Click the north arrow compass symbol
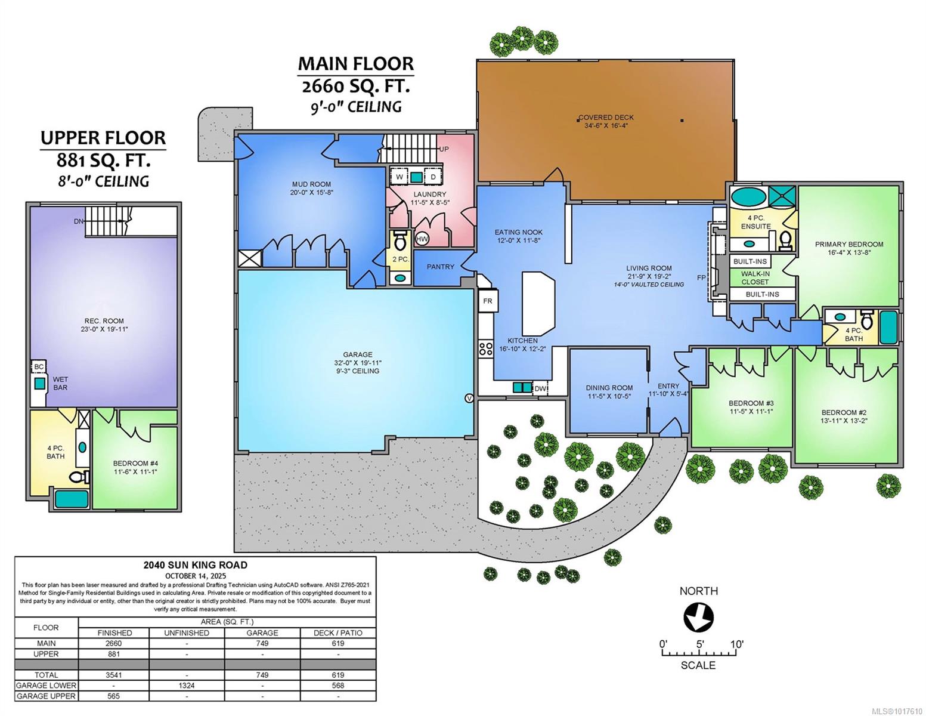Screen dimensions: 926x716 pos(698,617)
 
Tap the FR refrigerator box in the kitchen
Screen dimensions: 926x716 pos(488,301)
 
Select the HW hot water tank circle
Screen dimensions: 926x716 pos(422,239)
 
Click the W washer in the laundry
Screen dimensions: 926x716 pos(399,177)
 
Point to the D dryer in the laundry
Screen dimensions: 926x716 pos(433,177)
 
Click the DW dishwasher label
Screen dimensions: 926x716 pos(540,388)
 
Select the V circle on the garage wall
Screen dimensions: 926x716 pos(469,399)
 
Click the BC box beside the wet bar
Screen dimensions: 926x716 pos(38,367)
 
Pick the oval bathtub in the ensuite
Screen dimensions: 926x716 pos(748,197)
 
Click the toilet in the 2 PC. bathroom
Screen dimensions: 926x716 pos(400,241)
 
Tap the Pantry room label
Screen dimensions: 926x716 pos(440,267)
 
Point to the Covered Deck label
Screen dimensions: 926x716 pos(606,118)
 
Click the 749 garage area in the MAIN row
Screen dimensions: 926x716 pos(262,643)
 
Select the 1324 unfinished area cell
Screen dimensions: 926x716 pos(186,686)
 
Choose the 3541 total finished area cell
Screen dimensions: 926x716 pos(114,675)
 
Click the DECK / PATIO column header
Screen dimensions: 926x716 pos(338,633)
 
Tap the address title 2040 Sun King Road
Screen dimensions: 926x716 pos(195,565)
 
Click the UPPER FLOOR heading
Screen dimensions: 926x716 pos(103,138)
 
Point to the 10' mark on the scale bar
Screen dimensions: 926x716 pos(737,644)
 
